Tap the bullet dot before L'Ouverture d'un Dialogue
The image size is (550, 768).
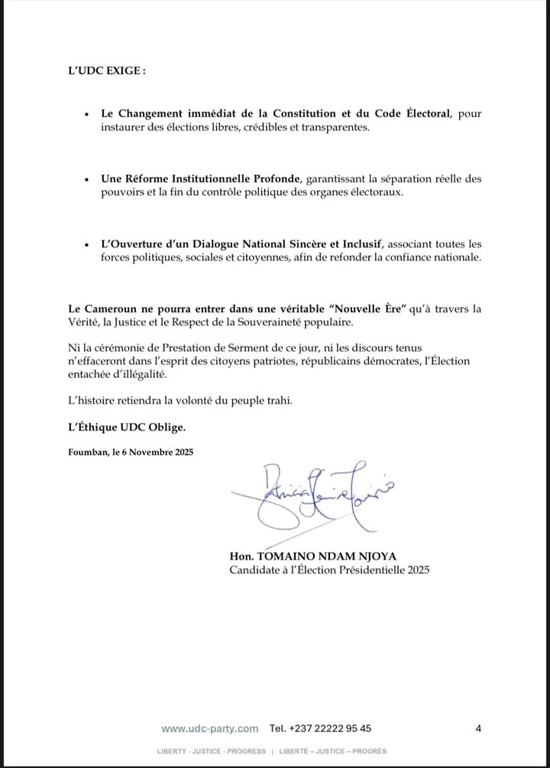pyautogui.click(x=89, y=244)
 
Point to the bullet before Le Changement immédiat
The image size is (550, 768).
pyautogui.click(x=89, y=115)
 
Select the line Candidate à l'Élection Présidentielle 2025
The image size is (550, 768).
pyautogui.click(x=329, y=570)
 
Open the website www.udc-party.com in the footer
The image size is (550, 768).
pyautogui.click(x=209, y=728)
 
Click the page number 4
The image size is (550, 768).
pyautogui.click(x=478, y=728)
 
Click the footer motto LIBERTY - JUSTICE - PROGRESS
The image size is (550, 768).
pyautogui.click(x=212, y=751)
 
